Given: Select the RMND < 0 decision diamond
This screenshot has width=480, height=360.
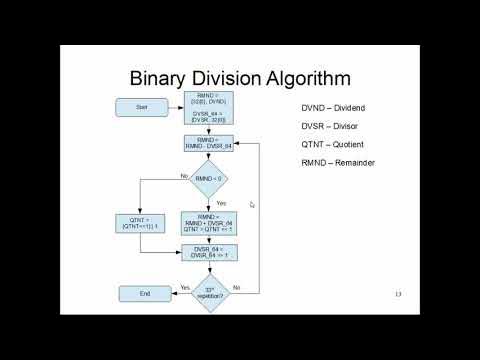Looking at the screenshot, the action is coord(208,179).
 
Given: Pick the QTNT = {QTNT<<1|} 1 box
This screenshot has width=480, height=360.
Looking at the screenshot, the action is coord(139,222).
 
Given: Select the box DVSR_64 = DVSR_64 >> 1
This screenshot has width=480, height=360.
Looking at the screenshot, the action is coord(208,254).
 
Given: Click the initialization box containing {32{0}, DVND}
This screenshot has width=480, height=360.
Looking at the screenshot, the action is coord(208,105).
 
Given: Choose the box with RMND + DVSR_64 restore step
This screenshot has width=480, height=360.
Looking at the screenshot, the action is coord(208,221).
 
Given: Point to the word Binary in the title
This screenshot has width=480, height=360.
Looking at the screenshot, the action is coord(166,76).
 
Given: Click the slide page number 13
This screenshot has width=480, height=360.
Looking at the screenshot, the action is coord(398,294).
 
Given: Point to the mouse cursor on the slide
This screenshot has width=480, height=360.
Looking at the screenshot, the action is coord(252,204).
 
